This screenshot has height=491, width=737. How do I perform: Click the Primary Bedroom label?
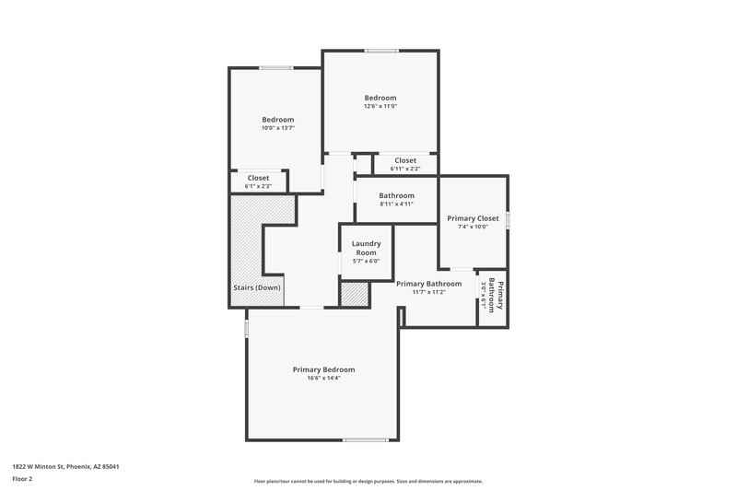[323, 369]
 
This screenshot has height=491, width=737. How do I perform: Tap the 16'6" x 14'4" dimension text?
[323, 378]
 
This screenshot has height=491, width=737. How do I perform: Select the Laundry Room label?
[366, 248]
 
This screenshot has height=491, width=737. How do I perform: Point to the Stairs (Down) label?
[256, 287]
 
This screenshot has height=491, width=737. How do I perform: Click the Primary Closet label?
[473, 218]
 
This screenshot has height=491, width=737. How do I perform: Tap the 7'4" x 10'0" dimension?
[473, 227]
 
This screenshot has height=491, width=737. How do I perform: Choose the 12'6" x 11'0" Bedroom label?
[380, 98]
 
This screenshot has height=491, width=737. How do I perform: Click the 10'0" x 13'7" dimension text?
[277, 128]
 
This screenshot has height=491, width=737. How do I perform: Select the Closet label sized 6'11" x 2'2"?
[405, 160]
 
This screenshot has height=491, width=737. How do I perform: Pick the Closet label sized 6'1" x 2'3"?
[258, 178]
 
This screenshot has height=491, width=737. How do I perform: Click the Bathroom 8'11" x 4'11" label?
[396, 195]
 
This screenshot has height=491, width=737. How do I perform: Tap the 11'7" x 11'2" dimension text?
[428, 292]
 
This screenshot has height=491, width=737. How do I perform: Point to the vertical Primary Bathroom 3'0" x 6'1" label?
[492, 296]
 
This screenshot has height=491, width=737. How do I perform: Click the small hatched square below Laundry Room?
[354, 295]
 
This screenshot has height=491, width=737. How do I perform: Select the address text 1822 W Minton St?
[65, 466]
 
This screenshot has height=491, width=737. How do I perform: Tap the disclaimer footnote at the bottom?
[368, 481]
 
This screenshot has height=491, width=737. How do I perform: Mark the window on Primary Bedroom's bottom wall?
[358, 439]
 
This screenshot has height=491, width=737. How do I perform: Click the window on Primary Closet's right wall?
[508, 219]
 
